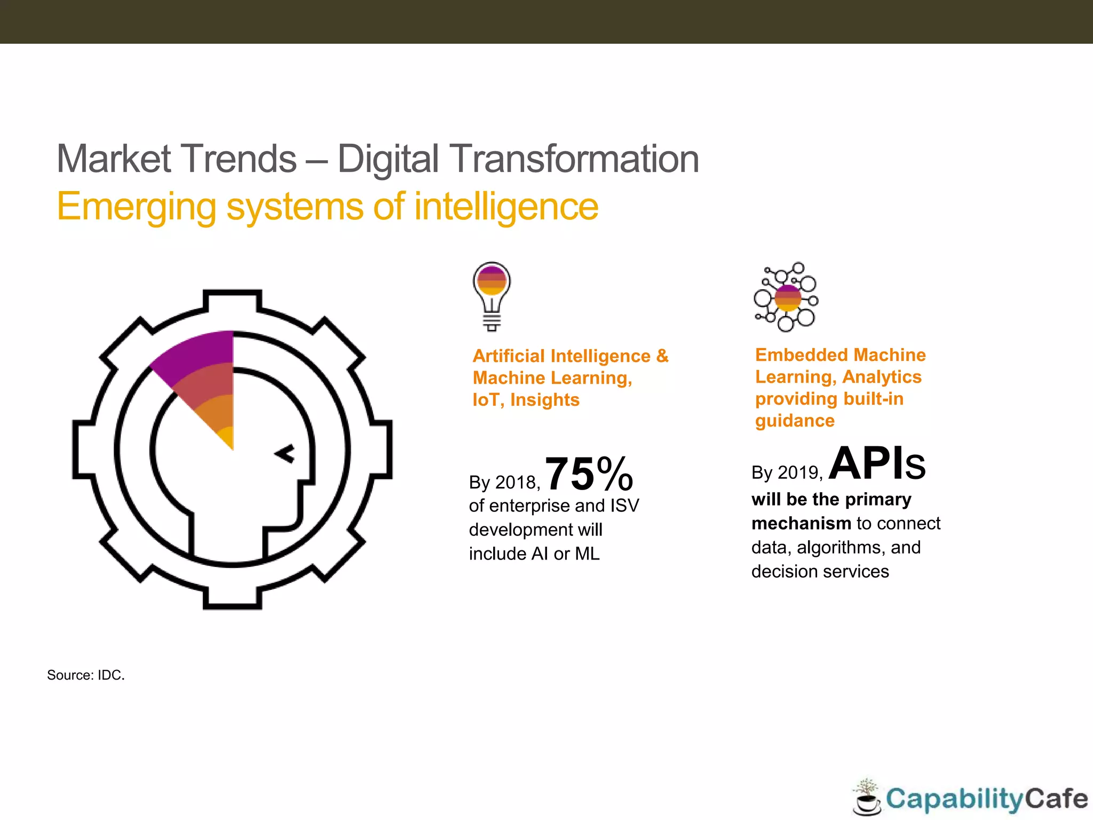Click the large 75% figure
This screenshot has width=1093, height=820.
tap(589, 474)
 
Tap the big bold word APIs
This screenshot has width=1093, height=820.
tap(877, 464)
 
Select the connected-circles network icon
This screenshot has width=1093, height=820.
tap(786, 297)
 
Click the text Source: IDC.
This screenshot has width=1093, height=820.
tap(86, 675)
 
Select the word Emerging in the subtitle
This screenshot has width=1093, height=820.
tap(136, 207)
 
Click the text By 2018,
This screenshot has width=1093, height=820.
tap(504, 483)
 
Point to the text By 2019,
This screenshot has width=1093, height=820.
tap(787, 472)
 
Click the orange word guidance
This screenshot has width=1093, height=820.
tap(795, 421)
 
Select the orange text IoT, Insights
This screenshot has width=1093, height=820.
tap(526, 400)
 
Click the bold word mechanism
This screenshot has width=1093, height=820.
tap(801, 523)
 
